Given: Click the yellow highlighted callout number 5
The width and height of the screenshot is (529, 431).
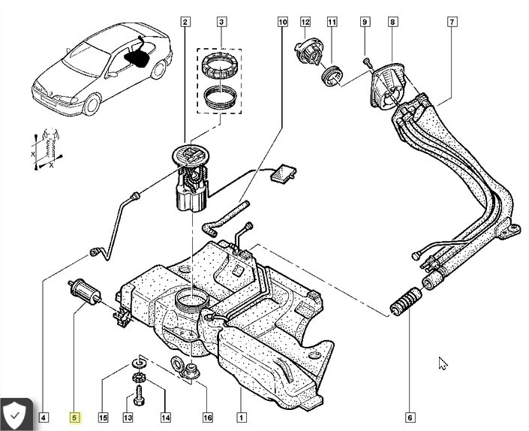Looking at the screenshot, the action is coord(74,417).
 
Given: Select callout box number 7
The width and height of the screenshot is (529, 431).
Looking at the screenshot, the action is coord(452,22).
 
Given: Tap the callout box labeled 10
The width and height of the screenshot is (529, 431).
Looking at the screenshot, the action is coord(283,22).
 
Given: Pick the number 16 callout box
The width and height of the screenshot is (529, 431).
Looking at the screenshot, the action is coord(208,417).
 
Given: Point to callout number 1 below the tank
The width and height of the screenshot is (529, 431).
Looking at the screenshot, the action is coord(241,417).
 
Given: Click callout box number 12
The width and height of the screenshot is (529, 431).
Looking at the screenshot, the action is coord(305,22).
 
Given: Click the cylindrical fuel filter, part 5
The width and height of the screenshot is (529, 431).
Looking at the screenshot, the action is coord(84,291).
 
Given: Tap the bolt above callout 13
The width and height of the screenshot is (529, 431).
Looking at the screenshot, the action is coord(139,396).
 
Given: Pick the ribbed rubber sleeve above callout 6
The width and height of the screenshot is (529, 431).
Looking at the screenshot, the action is coord(405,301).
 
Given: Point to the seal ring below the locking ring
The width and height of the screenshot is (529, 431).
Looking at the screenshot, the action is coord(220,97).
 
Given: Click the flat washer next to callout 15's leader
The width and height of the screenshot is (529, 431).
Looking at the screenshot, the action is coord(138,363).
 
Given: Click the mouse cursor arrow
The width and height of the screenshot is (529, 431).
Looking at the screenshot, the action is coord(443,363).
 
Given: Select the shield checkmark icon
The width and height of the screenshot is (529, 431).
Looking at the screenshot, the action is coord(14,415).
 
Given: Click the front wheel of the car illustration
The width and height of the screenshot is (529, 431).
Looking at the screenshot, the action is coord(92,104).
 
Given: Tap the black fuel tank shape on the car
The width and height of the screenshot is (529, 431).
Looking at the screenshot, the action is coord(137,58).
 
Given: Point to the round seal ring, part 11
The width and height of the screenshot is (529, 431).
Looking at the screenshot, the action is coord(332,77).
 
